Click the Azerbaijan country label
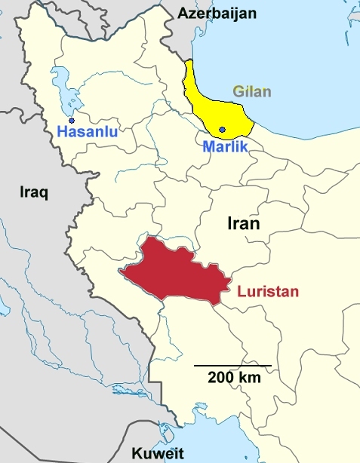point(217,13)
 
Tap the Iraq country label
point(33,192)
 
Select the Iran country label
point(243,224)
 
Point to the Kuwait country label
point(157,452)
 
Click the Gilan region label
point(252,93)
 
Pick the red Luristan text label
point(268,291)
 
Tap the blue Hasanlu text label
point(85,134)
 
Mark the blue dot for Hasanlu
point(72,120)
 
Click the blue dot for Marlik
point(222,130)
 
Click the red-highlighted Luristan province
point(177,271)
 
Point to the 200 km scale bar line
point(232,366)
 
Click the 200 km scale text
point(235,378)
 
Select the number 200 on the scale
point(223,378)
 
